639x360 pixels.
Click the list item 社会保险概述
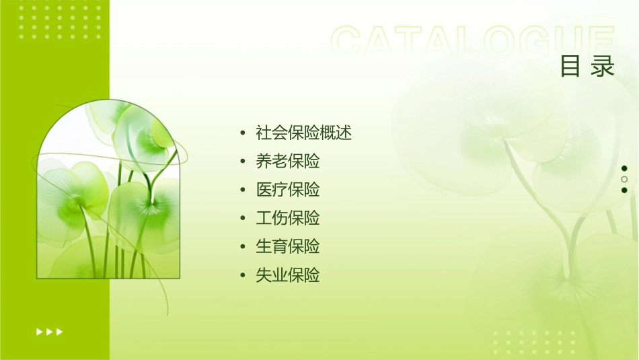pos(304,133)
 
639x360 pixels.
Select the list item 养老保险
pos(288,161)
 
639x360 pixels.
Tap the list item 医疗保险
pos(288,190)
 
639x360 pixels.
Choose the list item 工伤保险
pos(288,218)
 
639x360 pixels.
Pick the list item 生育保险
pos(288,246)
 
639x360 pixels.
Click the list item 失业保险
pos(288,275)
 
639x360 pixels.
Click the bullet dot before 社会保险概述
pos(243,133)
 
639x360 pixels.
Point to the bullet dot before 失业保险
pos(243,276)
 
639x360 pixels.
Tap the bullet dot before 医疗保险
pos(243,190)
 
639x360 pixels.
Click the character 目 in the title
pos(570,67)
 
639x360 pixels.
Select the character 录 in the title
pos(603,67)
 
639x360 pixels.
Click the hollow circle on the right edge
pos(624,179)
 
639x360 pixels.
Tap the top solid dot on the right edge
pos(624,168)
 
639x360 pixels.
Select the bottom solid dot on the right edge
pos(624,190)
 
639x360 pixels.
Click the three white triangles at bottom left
pos(49,332)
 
